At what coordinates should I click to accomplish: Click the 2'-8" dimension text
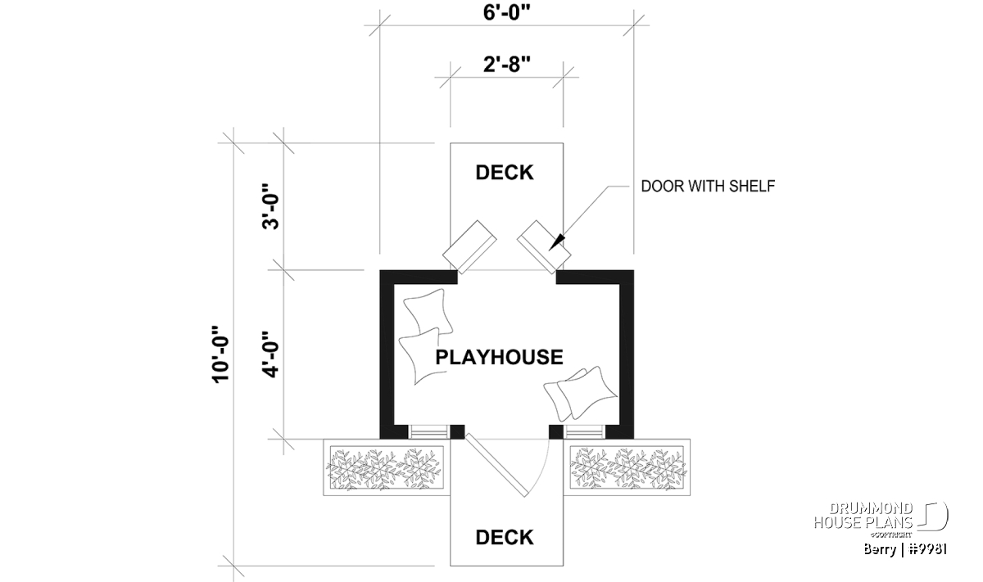[x=505, y=65]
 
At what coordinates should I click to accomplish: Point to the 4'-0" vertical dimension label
[x=271, y=352]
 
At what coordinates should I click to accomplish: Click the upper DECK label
[x=505, y=173]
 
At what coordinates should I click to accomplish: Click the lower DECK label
[x=505, y=537]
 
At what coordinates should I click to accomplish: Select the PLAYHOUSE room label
[x=499, y=357]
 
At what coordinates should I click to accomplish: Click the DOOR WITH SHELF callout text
[x=708, y=187]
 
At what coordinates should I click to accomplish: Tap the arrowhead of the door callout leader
[x=558, y=243]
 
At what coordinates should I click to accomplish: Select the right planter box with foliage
[x=627, y=469]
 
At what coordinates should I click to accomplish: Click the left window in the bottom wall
[x=424, y=431]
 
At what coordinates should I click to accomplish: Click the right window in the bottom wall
[x=583, y=431]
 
